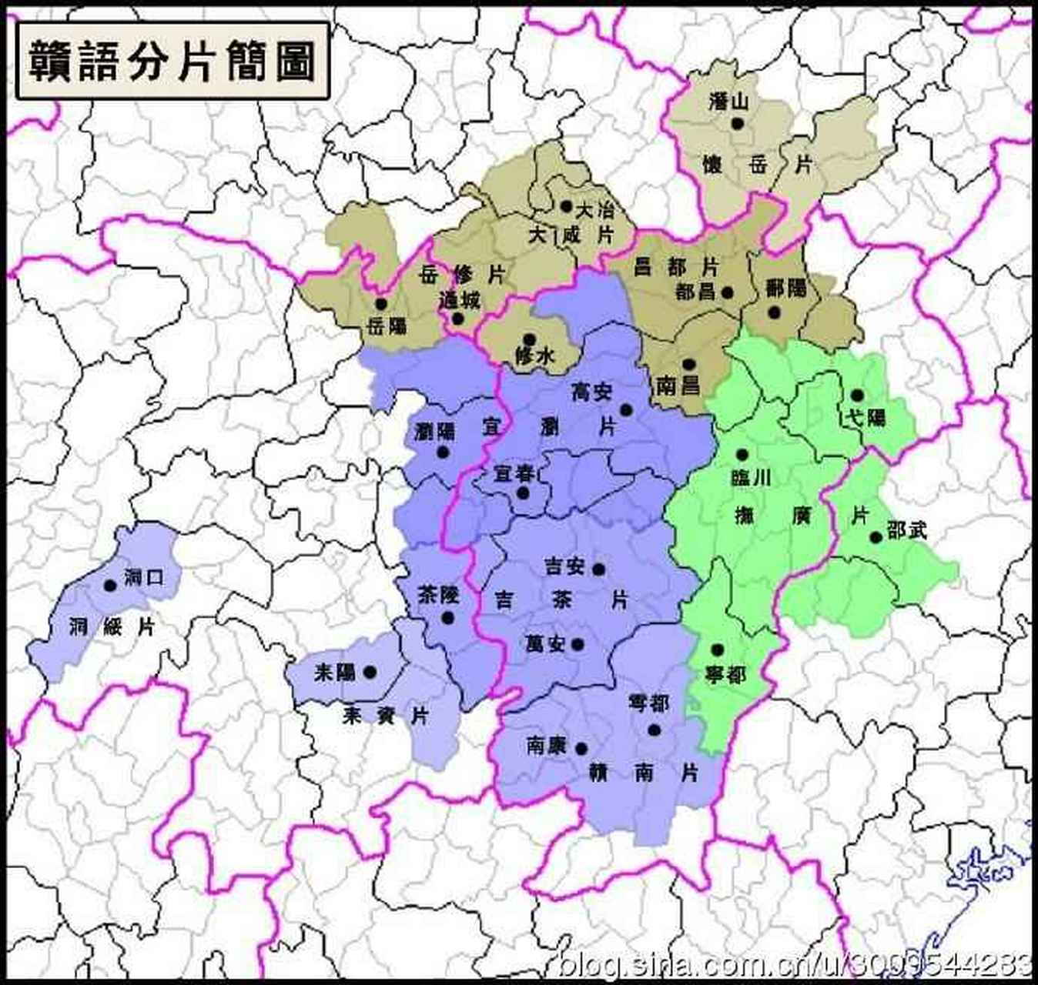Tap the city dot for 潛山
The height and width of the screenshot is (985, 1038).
[738, 122]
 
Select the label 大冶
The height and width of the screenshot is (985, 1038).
[595, 209]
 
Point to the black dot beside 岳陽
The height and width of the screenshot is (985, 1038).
[380, 304]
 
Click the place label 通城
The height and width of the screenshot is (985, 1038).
[459, 300]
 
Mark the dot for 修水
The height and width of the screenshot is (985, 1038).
[529, 339]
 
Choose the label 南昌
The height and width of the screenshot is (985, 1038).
[678, 385]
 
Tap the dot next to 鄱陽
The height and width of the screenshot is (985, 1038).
[774, 312]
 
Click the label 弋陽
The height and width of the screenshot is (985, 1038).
[866, 418]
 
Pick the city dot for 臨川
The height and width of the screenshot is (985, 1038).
[742, 455]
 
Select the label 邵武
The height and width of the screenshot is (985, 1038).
[907, 530]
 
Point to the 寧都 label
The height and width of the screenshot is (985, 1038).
[726, 675]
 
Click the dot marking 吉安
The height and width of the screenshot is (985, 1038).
[598, 569]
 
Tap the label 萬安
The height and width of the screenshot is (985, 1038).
[545, 643]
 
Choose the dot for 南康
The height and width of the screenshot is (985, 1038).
[581, 749]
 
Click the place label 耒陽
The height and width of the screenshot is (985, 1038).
[335, 672]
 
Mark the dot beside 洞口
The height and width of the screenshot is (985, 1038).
[110, 586]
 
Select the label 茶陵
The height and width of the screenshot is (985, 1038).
[438, 594]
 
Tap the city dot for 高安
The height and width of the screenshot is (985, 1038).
[626, 410]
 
